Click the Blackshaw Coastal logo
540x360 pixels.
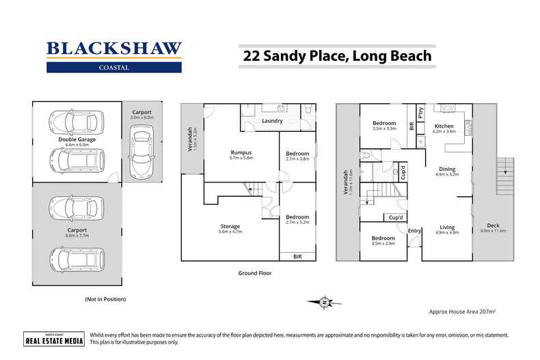click(114, 56)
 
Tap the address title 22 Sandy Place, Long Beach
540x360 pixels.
click(338, 55)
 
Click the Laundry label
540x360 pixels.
click(272, 121)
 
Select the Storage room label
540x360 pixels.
click(229, 226)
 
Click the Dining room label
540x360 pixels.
click(447, 169)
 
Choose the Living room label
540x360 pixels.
click(447, 227)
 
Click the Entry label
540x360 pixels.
click(414, 231)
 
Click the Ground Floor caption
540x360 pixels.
click(254, 273)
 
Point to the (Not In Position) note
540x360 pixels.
click(105, 299)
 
